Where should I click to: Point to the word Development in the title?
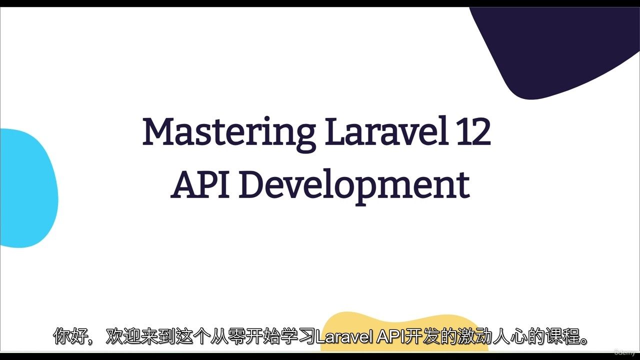[354, 187]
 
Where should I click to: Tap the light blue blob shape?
[28, 188]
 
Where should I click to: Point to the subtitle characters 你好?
[71, 337]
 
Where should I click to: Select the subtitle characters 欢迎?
[123, 337]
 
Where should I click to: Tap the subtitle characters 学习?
[298, 337]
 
